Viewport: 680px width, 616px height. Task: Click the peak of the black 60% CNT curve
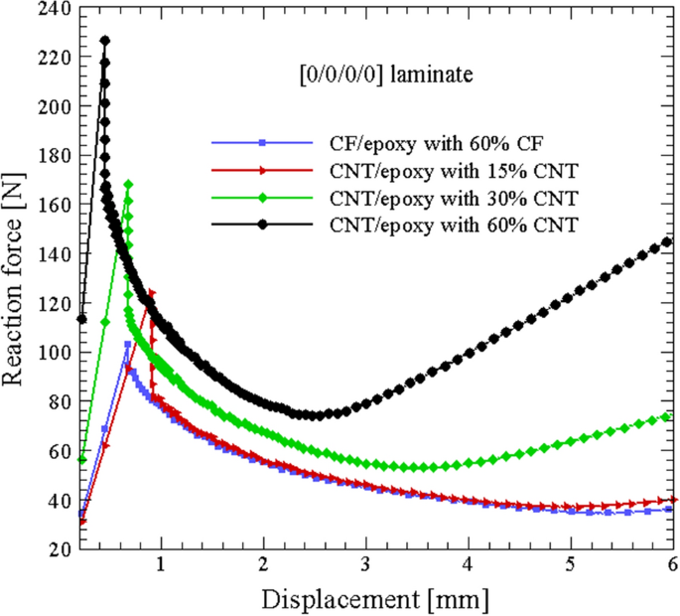(x=105, y=41)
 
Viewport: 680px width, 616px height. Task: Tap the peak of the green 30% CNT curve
(x=128, y=184)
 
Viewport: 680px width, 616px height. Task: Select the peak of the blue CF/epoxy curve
(x=127, y=344)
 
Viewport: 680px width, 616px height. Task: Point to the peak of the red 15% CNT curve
(x=151, y=293)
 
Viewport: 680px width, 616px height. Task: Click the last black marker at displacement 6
(x=667, y=241)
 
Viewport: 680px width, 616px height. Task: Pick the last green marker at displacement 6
(x=667, y=416)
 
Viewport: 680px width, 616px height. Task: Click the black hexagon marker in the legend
(x=263, y=226)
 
